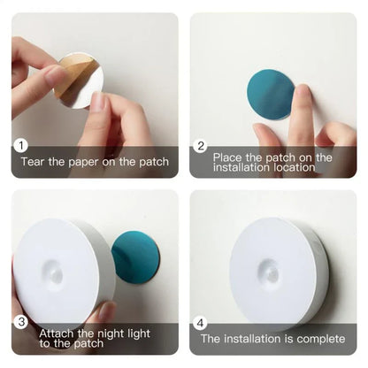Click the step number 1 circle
click(x=21, y=146)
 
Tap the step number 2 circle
click(x=201, y=146)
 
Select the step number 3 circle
click(x=21, y=321)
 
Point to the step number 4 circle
click(x=201, y=322)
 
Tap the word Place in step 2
click(x=228, y=157)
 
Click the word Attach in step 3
click(x=57, y=333)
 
